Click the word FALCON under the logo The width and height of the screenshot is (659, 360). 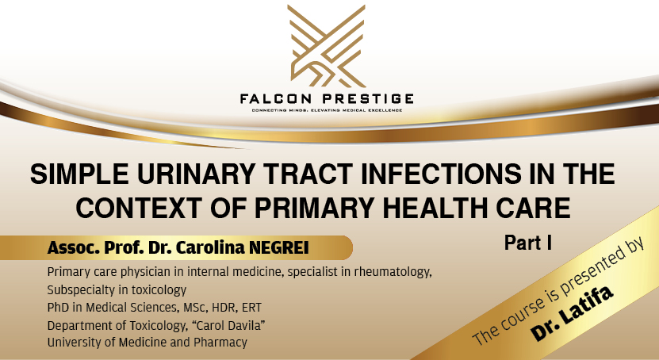pos(282,98)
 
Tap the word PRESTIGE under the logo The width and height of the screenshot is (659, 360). pos(370,98)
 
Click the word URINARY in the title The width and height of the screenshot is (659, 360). pos(197,174)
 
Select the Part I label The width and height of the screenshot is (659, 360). pos(527,243)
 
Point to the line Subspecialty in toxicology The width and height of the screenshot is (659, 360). pos(111,290)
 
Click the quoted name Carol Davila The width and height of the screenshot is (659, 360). pos(228,325)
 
